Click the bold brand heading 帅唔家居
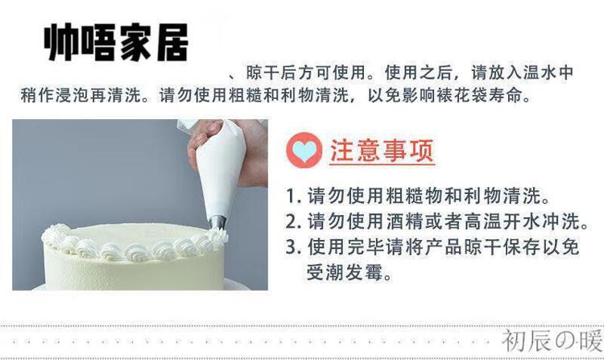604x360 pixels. (x=116, y=43)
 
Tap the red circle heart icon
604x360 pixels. (x=304, y=150)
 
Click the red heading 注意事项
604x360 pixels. (x=382, y=151)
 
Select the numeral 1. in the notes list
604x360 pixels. (x=293, y=196)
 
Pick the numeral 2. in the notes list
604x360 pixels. (x=293, y=221)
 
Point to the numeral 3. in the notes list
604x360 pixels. (x=293, y=246)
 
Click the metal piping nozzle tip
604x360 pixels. (x=217, y=222)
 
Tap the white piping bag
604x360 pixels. (x=221, y=169)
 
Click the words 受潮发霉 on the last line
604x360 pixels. (x=345, y=272)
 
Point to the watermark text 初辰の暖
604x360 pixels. (x=552, y=341)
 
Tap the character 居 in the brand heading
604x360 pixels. (x=172, y=43)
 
